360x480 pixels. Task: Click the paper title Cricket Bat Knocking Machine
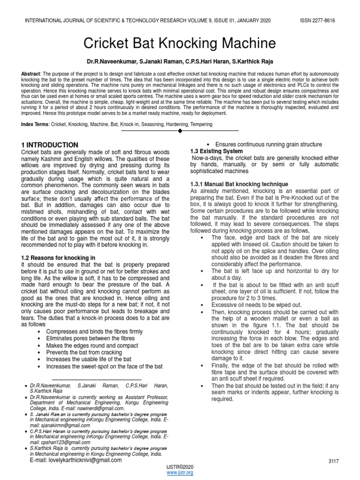pos(180,44)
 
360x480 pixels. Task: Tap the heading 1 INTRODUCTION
pos(50,145)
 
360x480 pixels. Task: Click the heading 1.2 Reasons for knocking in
pos(59,258)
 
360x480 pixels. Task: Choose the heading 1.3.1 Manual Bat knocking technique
pos(239,184)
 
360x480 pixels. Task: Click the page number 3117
pos(334,461)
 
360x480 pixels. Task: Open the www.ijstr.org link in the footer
pos(180,472)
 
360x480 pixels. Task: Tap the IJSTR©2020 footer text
pos(180,467)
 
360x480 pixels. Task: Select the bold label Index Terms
pos(36,124)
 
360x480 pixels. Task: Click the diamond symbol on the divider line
pos(180,130)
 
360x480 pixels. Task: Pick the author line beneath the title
pos(180,61)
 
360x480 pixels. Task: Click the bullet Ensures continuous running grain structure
pos(268,144)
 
